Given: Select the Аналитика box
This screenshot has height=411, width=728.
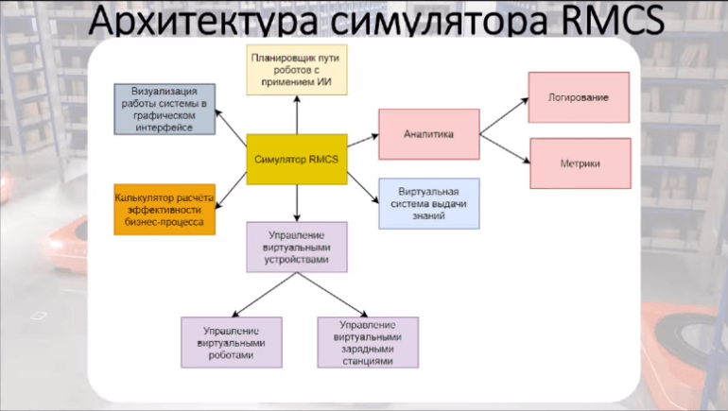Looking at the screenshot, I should (x=427, y=134).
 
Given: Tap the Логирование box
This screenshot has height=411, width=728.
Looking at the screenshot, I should (x=578, y=97).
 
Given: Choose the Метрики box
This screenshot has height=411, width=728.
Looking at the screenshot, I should (x=578, y=163).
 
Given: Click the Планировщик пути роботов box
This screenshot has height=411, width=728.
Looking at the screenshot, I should (x=296, y=68).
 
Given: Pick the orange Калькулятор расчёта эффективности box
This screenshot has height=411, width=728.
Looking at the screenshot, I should (x=164, y=210).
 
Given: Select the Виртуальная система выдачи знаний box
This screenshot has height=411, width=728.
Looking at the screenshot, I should (x=427, y=203).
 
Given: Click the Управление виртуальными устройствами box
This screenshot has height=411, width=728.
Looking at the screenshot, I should (x=297, y=248).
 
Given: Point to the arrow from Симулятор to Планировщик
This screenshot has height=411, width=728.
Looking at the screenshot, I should (x=297, y=114).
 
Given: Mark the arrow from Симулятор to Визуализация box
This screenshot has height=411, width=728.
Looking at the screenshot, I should (x=231, y=124).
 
